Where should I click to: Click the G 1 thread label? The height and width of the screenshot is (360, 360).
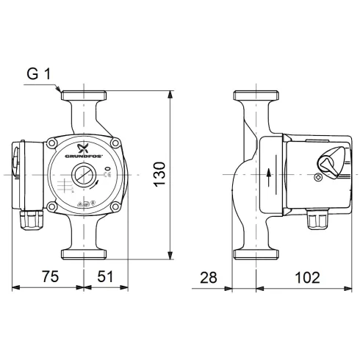pos(38,74)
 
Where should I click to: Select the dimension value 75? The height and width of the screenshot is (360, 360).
pos(49,277)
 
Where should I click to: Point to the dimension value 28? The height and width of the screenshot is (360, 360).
pos(209,277)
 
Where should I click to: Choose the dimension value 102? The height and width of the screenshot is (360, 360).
pos(307,277)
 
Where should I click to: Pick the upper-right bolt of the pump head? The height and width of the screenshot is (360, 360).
pos(115,141)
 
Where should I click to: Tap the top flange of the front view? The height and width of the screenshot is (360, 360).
pos(83,96)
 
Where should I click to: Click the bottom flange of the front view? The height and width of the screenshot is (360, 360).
pos(83,255)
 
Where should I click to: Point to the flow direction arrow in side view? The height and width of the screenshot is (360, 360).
pos(270,175)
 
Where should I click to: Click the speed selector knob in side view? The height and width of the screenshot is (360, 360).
pos(332,159)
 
